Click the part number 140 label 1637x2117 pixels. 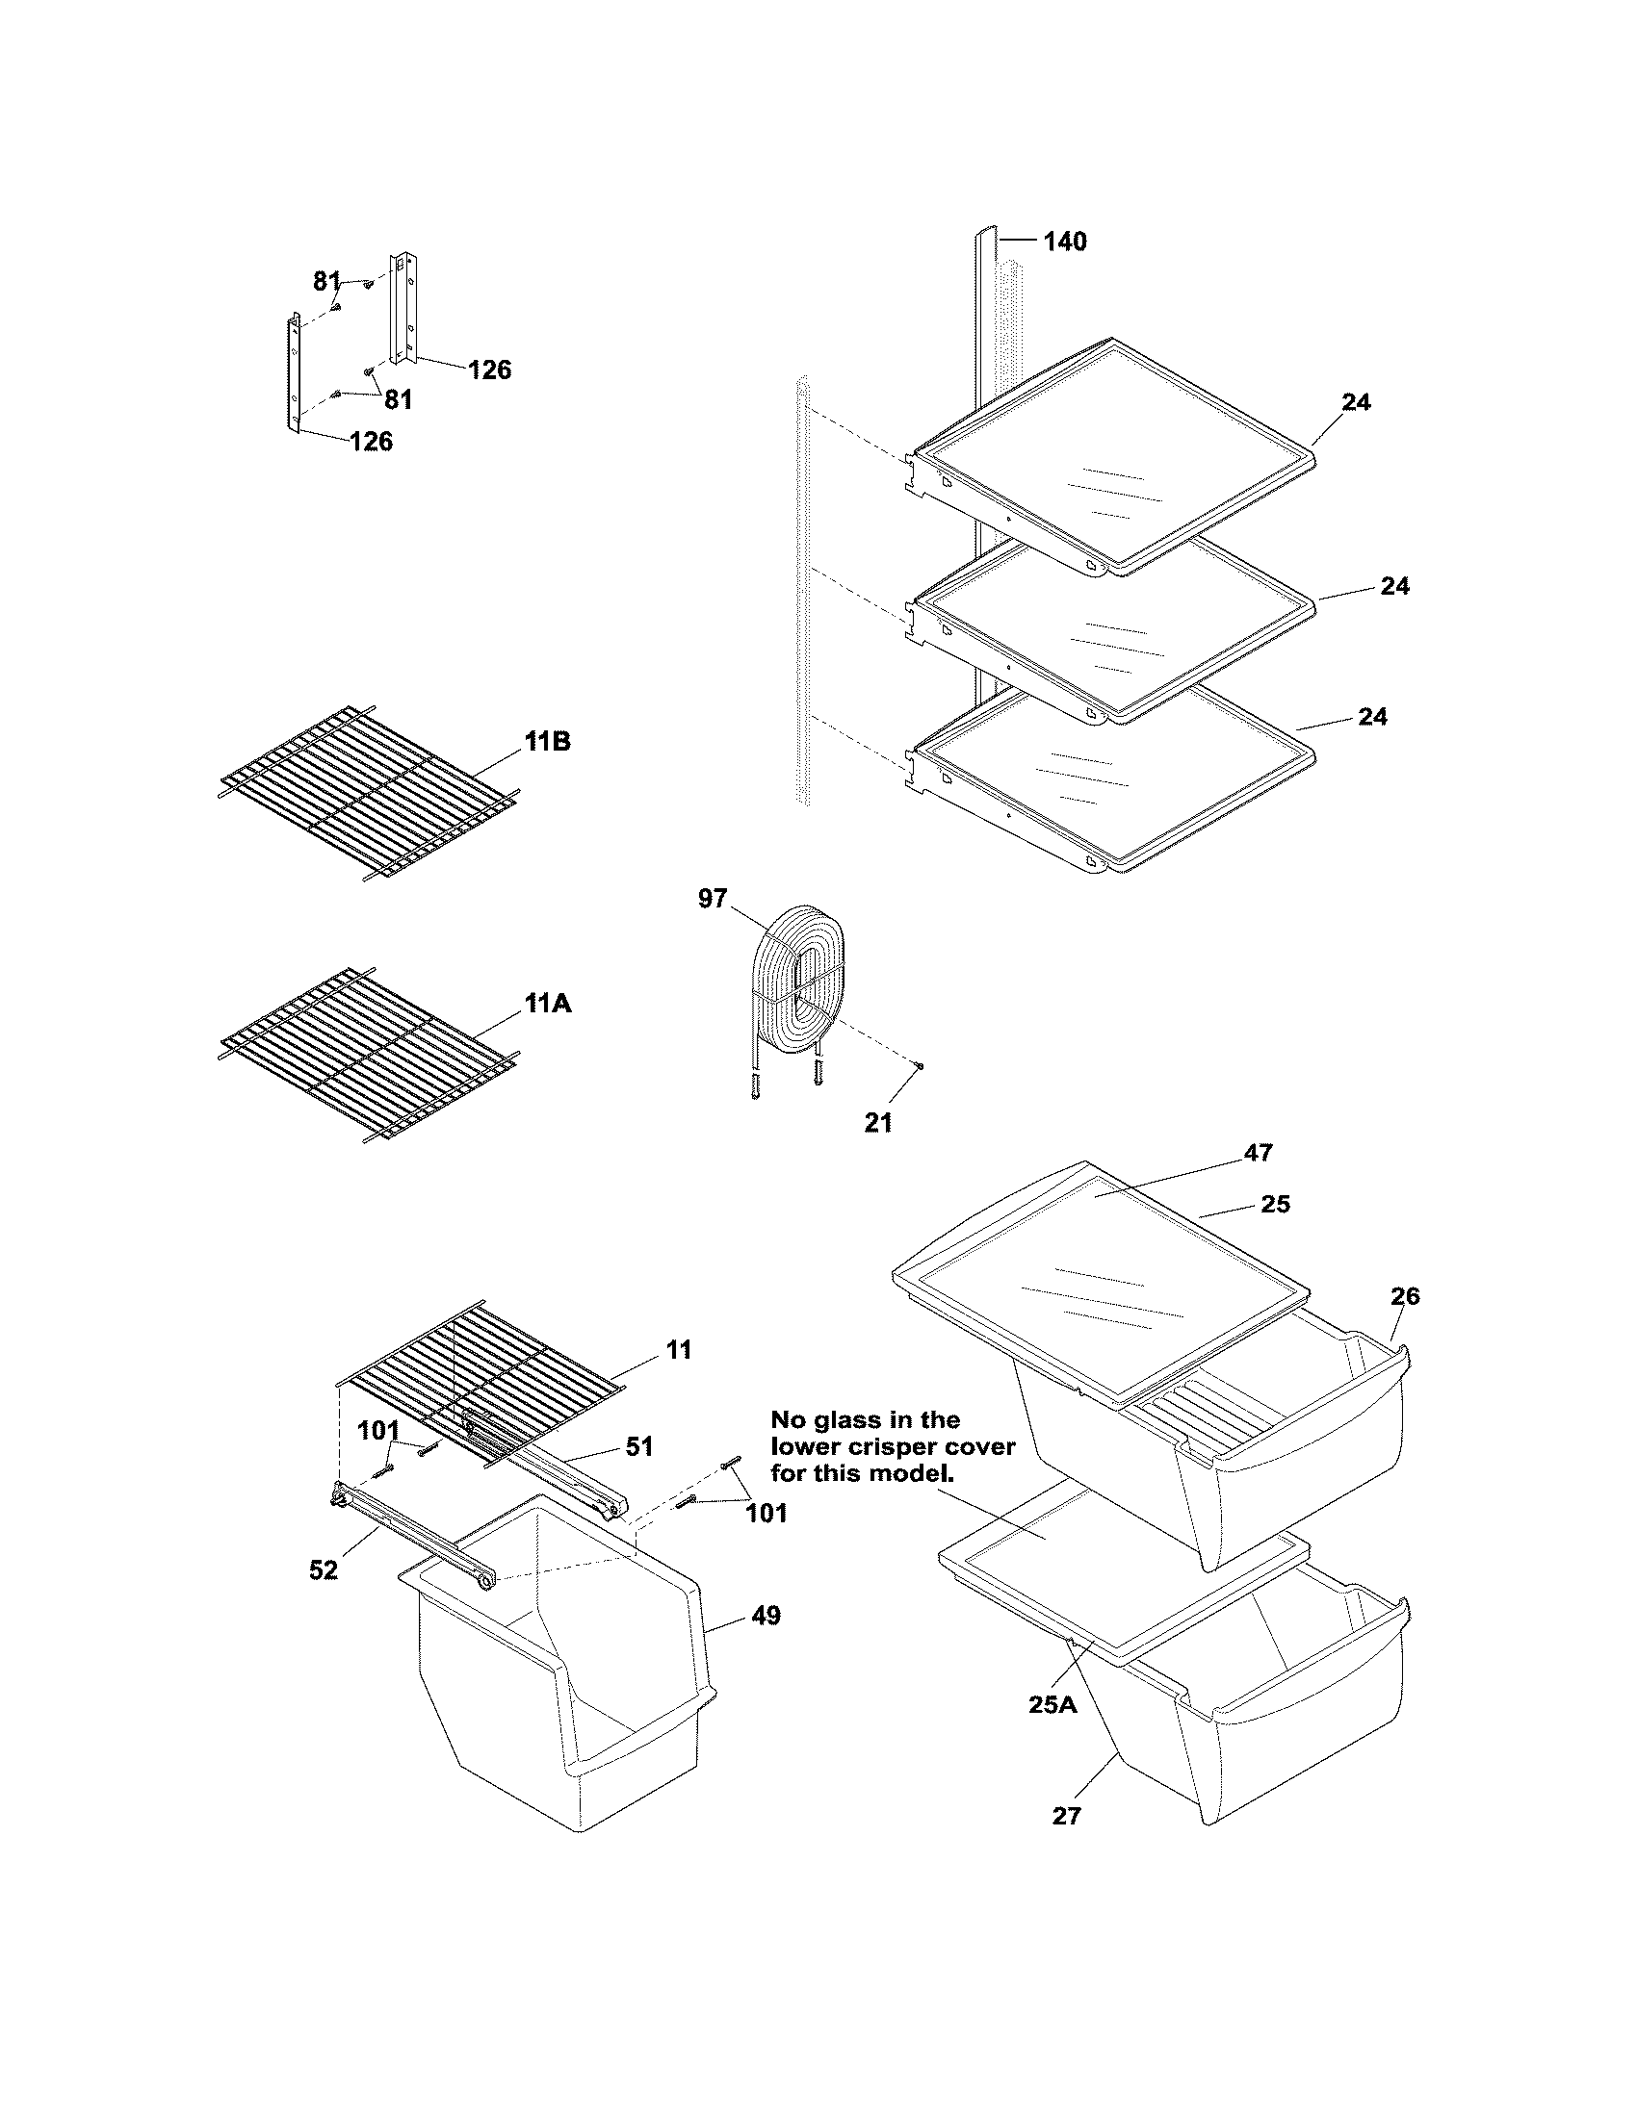[1064, 242]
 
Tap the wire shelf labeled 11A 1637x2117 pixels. [369, 1058]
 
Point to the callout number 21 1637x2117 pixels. [877, 1122]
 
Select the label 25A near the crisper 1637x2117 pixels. [1052, 1704]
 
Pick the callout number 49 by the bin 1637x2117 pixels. [766, 1616]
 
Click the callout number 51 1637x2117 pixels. [638, 1446]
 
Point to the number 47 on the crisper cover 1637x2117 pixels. [1258, 1153]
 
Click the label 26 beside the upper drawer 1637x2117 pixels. [1404, 1296]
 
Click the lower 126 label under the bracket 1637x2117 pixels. [371, 442]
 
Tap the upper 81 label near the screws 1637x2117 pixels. [326, 281]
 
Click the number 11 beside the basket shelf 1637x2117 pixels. [679, 1349]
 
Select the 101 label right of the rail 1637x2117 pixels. [766, 1512]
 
